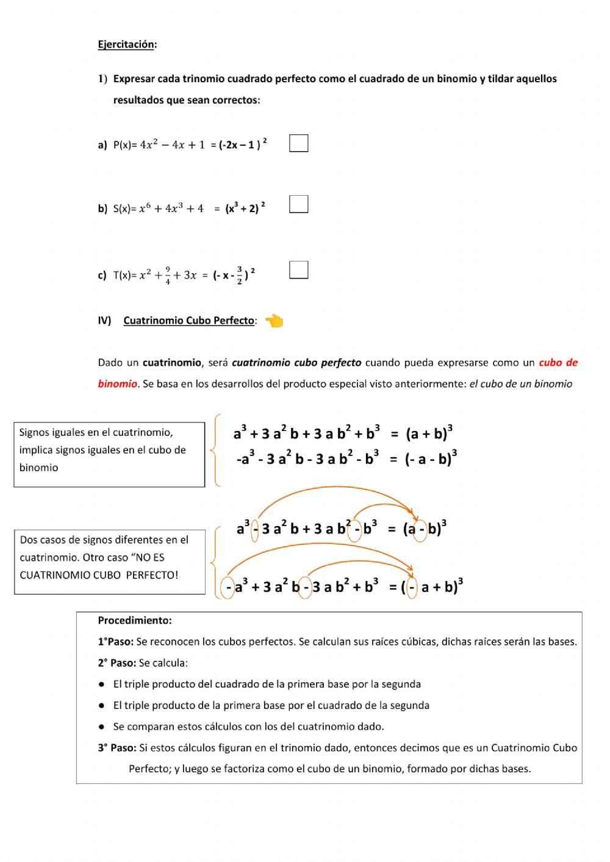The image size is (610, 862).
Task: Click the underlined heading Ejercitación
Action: click(x=126, y=45)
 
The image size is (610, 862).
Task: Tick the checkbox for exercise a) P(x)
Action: click(x=298, y=143)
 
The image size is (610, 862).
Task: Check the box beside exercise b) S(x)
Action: click(x=298, y=204)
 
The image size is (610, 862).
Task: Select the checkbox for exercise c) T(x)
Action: click(x=298, y=269)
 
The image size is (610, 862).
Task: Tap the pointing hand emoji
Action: click(x=274, y=321)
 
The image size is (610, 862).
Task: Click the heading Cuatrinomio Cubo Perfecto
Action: click(x=189, y=321)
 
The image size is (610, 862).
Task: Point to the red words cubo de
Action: click(x=558, y=363)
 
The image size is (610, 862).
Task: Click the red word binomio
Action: click(x=117, y=384)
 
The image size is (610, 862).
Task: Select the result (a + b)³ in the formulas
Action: click(x=429, y=433)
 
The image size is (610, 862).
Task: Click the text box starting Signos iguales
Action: click(x=109, y=454)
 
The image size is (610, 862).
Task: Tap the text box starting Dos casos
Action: click(x=110, y=561)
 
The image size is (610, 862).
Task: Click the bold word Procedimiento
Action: click(x=134, y=621)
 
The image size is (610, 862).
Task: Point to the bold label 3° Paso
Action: click(x=117, y=747)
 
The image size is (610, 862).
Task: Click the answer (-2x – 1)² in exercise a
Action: click(x=242, y=145)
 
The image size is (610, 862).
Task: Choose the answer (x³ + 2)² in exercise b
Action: click(x=245, y=208)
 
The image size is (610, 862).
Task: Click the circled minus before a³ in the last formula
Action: click(x=228, y=588)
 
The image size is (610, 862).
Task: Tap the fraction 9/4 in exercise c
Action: click(x=167, y=276)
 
